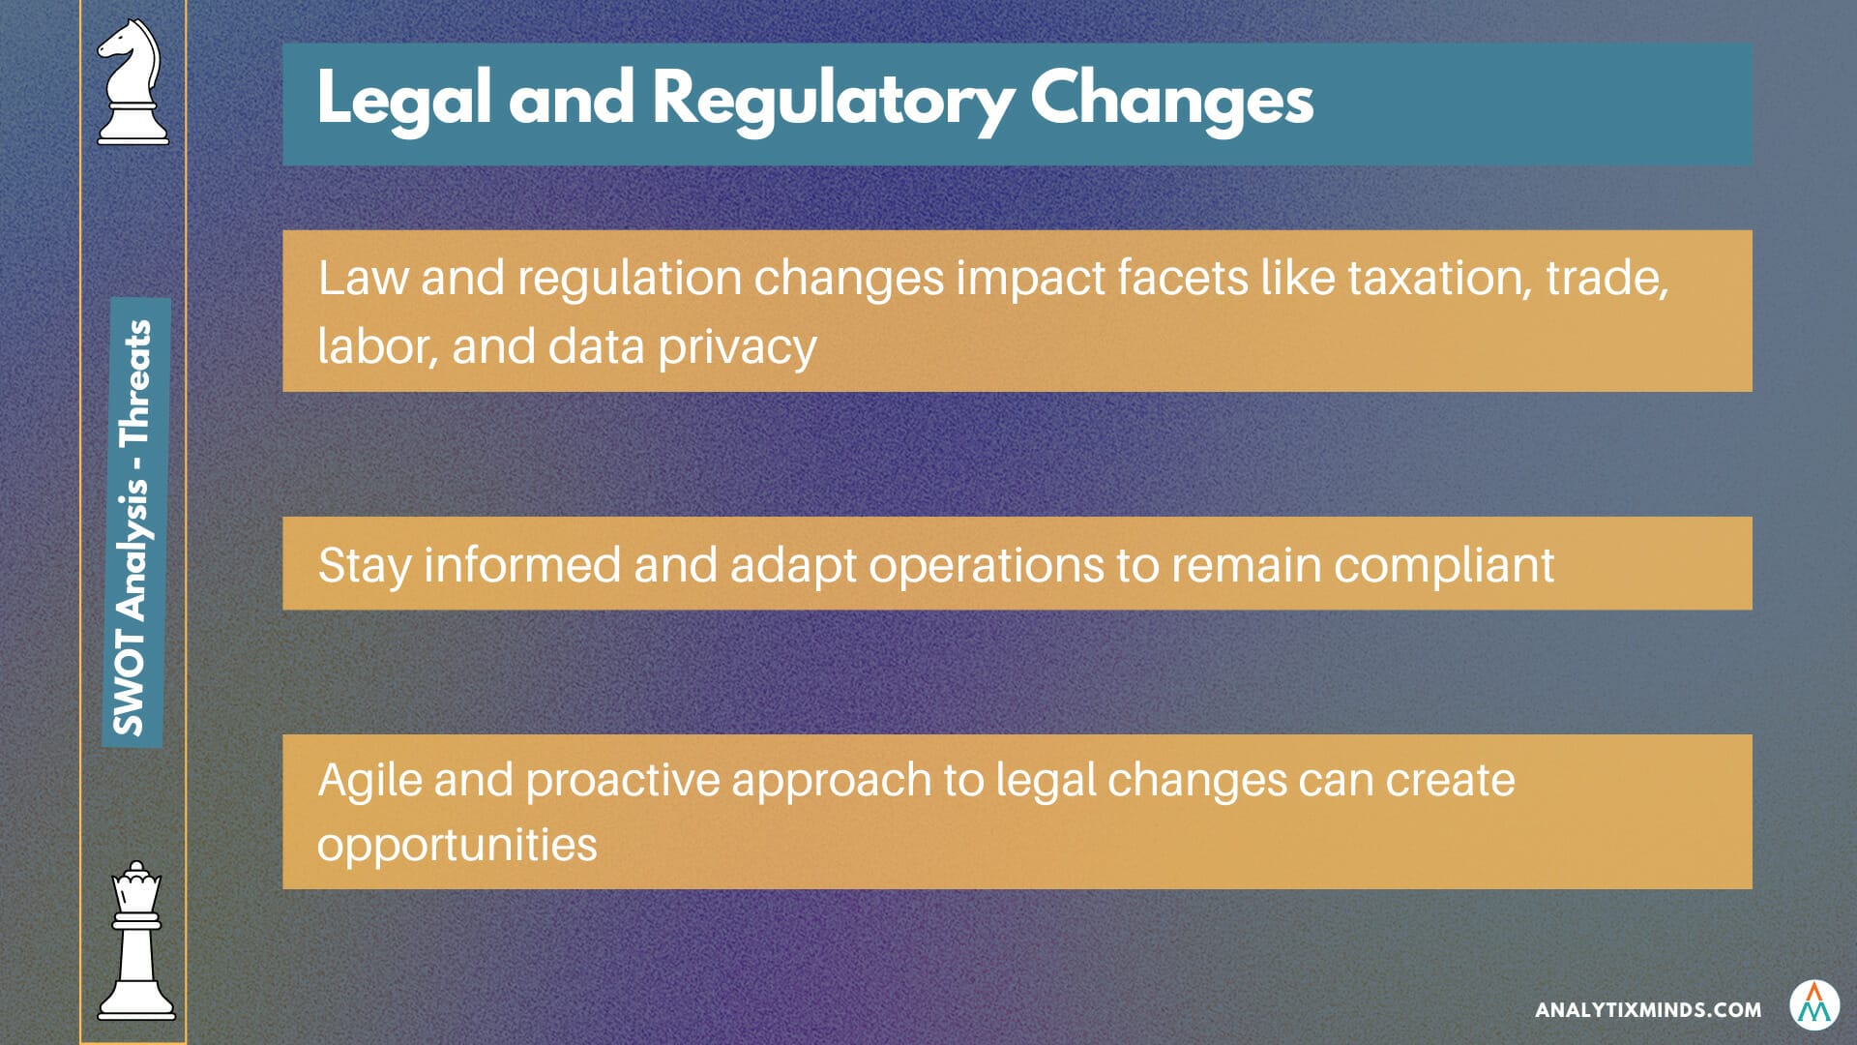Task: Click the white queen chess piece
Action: (136, 940)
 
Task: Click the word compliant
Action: (1444, 565)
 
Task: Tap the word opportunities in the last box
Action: (457, 845)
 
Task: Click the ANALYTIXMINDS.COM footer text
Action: (1648, 1010)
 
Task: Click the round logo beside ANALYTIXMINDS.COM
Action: (1814, 1007)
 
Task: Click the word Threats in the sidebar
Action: (134, 383)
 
